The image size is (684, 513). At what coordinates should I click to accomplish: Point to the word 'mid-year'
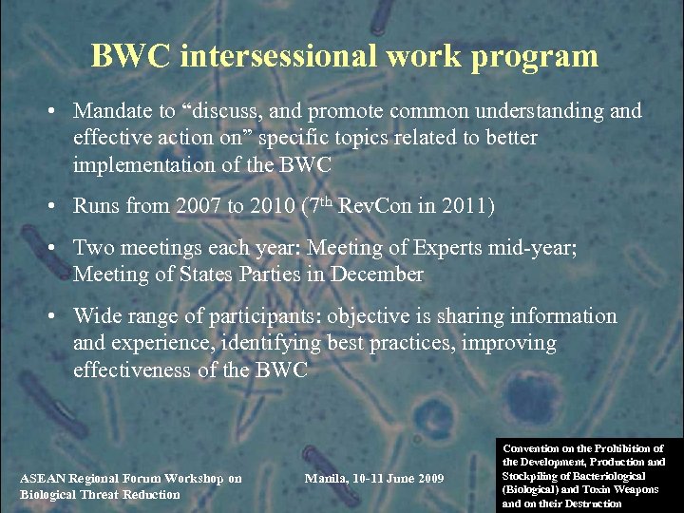point(541,248)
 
